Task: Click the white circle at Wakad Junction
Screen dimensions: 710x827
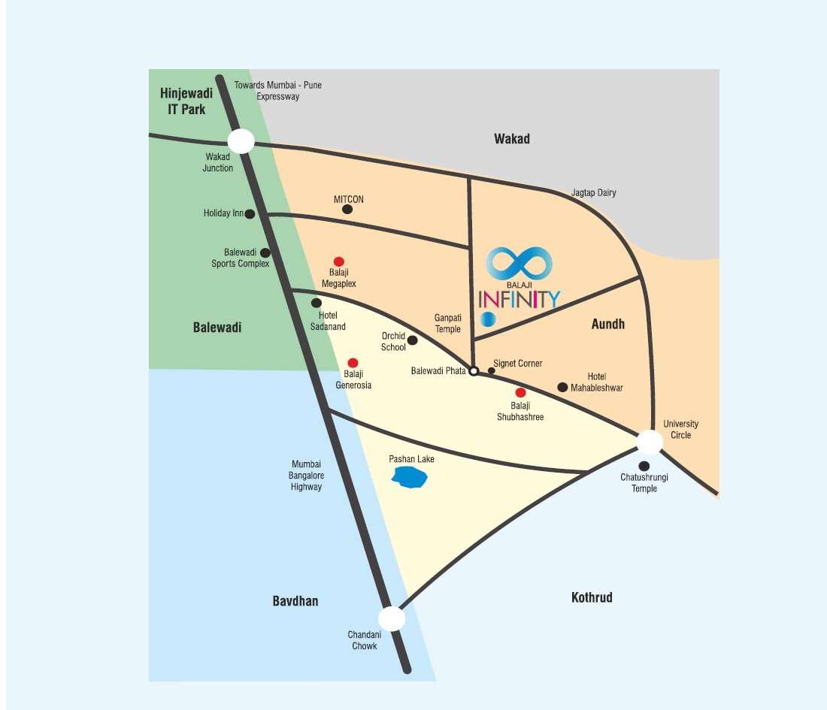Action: tap(241, 141)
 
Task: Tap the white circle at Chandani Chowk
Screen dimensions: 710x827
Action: tap(392, 618)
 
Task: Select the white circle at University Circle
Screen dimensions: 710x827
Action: tap(650, 441)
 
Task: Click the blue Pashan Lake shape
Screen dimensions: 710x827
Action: tap(410, 476)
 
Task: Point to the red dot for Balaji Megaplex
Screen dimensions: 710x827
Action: tap(339, 261)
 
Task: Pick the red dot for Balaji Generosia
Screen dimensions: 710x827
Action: tap(353, 363)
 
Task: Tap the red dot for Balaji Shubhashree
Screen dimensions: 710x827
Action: tap(520, 393)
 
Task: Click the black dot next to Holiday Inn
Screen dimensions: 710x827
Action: tap(250, 214)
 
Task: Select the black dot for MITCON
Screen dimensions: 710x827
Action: tap(347, 210)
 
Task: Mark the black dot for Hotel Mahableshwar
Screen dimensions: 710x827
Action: tap(562, 387)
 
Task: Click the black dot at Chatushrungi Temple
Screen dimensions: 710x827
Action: tap(644, 466)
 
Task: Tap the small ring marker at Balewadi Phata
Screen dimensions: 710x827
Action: tap(474, 370)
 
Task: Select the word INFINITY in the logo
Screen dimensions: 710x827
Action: tap(519, 299)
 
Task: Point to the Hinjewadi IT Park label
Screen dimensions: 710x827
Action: tap(186, 101)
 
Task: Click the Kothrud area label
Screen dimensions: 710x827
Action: tap(592, 597)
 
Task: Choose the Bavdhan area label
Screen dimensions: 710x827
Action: tap(295, 601)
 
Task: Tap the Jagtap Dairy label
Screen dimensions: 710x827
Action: tap(593, 193)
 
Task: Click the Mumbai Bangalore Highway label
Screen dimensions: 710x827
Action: tap(306, 476)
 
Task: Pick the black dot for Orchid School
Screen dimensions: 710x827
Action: tap(412, 340)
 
